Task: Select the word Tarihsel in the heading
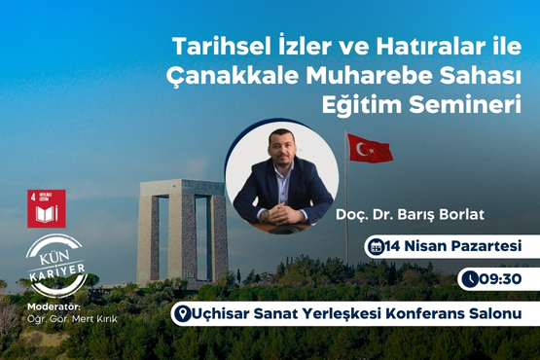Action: pyautogui.click(x=211, y=46)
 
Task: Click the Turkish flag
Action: pyautogui.click(x=371, y=148)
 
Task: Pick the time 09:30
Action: pyautogui.click(x=501, y=279)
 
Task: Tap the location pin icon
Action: pyautogui.click(x=180, y=314)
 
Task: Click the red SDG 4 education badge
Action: pyautogui.click(x=46, y=208)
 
